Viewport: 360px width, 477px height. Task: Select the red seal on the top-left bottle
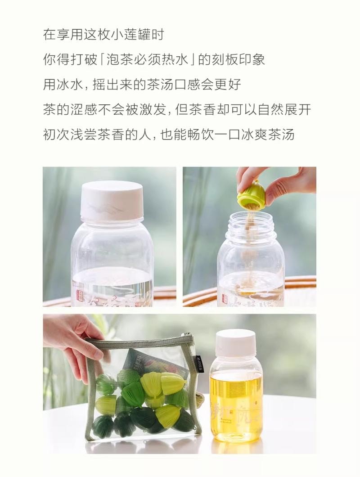(x=80, y=295)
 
